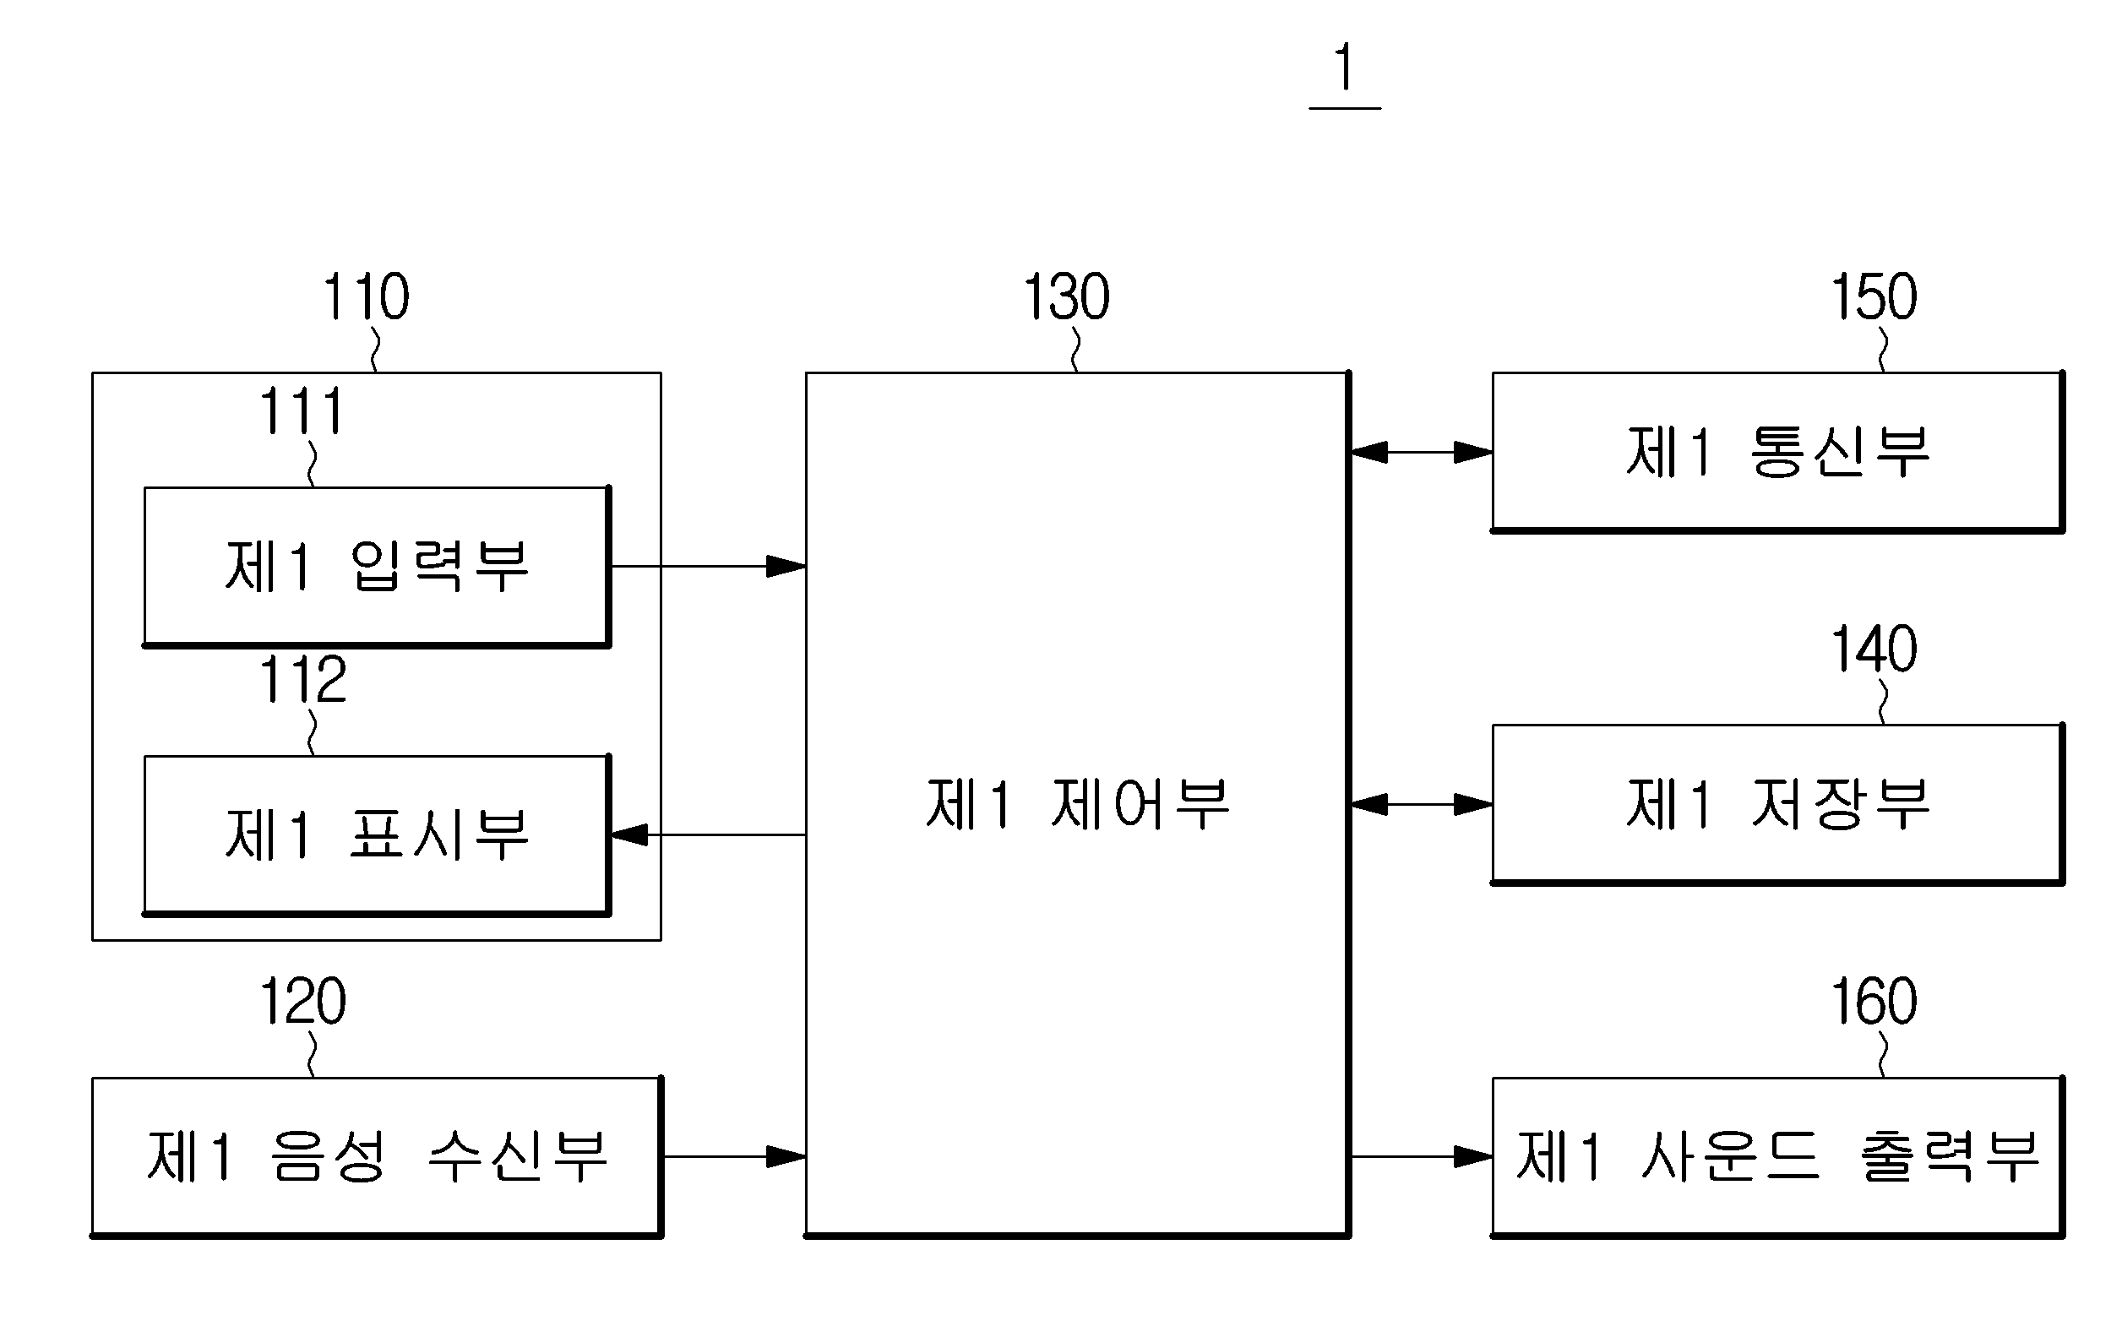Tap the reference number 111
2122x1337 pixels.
pos(302,410)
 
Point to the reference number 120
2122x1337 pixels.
pos(302,1001)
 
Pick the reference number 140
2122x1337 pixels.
pos(1874,649)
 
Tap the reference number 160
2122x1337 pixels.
pos(1874,1001)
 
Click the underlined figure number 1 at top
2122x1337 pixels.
pos(1344,68)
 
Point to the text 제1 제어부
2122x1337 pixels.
pos(1077,805)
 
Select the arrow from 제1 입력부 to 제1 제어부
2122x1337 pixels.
pos(709,566)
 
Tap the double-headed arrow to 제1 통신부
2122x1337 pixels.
pos(1422,452)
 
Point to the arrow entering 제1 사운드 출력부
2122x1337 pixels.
pos(1422,1156)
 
